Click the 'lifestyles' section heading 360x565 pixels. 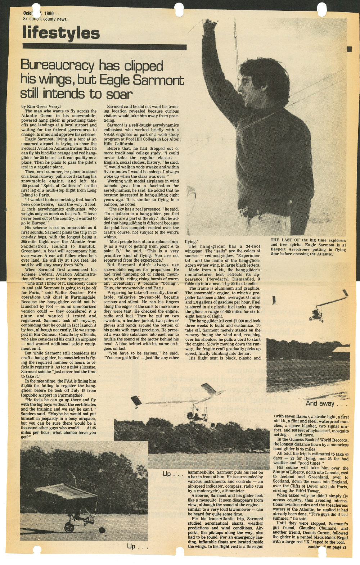pos(61,33)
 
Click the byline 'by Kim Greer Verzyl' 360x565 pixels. pos(41,107)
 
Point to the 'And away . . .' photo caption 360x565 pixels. pos(326,403)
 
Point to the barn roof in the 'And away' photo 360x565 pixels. pos(340,349)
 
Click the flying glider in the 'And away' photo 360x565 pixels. pos(320,309)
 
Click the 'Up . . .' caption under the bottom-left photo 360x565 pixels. pos(137,546)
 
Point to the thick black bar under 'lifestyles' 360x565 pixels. pos(104,47)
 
